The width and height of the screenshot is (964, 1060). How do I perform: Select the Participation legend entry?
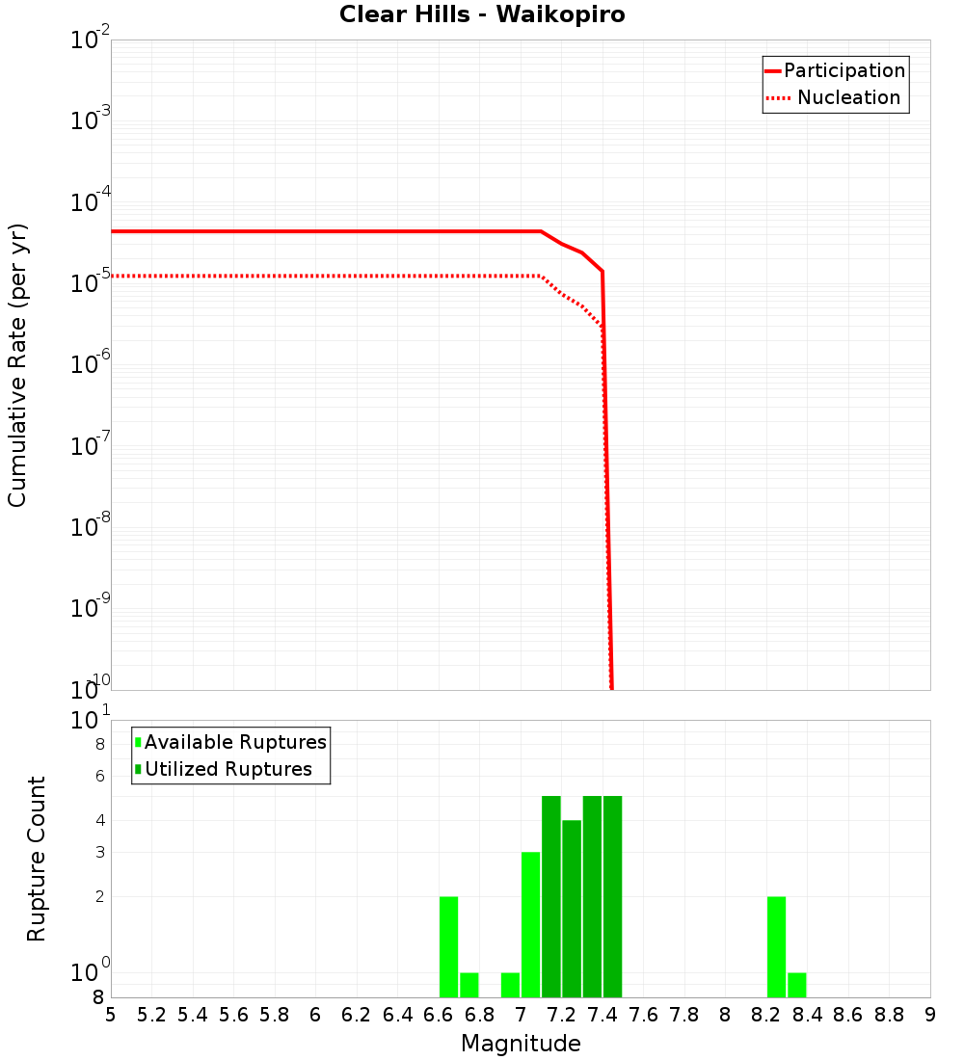pos(844,71)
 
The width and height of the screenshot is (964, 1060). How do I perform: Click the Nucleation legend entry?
pos(848,98)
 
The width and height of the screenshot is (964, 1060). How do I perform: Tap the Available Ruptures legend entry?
pos(235,743)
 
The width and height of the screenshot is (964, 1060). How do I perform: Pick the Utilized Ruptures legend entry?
pos(228,770)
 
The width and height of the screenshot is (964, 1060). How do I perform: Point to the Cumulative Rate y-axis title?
pos(17,365)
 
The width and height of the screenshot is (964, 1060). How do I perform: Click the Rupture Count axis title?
pos(37,859)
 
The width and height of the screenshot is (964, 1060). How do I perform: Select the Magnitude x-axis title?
pos(521,1044)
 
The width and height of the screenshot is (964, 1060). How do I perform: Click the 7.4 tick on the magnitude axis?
pos(602,1015)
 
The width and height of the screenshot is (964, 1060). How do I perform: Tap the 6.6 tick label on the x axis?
pos(439,1015)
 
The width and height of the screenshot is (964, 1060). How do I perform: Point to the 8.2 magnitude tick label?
pos(766,1015)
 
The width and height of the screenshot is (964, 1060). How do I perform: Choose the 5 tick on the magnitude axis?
pos(111,1015)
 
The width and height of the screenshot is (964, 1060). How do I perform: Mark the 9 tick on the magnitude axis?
pos(930,1015)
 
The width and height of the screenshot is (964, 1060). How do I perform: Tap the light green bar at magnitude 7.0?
pos(530,925)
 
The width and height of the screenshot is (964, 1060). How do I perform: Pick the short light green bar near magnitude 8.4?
pos(797,985)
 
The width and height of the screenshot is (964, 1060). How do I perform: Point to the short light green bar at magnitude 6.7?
pos(469,985)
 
